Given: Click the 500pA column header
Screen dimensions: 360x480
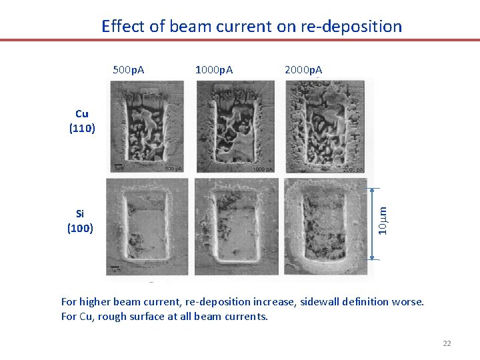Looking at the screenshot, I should click(129, 69).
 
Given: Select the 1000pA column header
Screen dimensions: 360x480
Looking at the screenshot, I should click(213, 69).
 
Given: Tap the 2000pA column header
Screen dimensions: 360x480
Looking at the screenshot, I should click(303, 69).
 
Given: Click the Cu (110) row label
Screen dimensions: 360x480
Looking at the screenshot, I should click(82, 121).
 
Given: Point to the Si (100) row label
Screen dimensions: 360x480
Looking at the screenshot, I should click(80, 221).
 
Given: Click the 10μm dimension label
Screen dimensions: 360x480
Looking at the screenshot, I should click(383, 220).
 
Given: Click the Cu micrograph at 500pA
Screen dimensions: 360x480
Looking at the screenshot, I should click(148, 127).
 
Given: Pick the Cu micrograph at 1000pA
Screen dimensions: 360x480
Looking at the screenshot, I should click(235, 127).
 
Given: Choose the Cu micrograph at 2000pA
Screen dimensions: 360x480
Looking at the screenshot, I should click(325, 127).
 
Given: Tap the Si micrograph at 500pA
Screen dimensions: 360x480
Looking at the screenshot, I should click(148, 227).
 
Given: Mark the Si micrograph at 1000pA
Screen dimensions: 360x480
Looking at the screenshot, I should click(235, 227).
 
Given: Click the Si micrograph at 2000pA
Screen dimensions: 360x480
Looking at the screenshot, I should click(325, 227).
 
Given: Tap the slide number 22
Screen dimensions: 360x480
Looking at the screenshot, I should click(447, 343).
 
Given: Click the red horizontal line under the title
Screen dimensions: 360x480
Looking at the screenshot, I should click(240, 40).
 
